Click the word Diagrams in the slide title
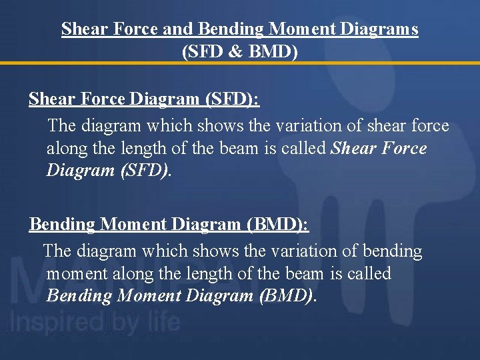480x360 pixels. [x=382, y=29]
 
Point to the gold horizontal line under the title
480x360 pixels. [x=240, y=63]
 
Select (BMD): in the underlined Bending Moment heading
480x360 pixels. [x=277, y=224]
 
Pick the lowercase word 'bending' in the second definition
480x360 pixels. [x=391, y=251]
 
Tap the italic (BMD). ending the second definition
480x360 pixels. [x=287, y=296]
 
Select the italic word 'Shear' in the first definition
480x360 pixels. [x=355, y=148]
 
